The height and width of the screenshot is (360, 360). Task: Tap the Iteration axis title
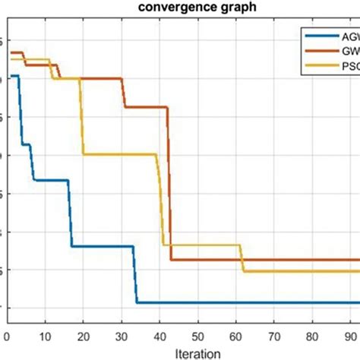[x=197, y=353]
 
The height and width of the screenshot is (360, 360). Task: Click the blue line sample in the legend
[x=319, y=35]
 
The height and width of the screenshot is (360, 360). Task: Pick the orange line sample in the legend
[x=319, y=51]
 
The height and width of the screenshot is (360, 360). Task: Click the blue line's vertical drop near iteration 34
[x=136, y=275]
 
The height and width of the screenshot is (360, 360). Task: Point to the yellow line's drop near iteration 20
[x=81, y=114]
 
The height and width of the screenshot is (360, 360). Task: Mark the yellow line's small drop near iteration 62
[x=242, y=258]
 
